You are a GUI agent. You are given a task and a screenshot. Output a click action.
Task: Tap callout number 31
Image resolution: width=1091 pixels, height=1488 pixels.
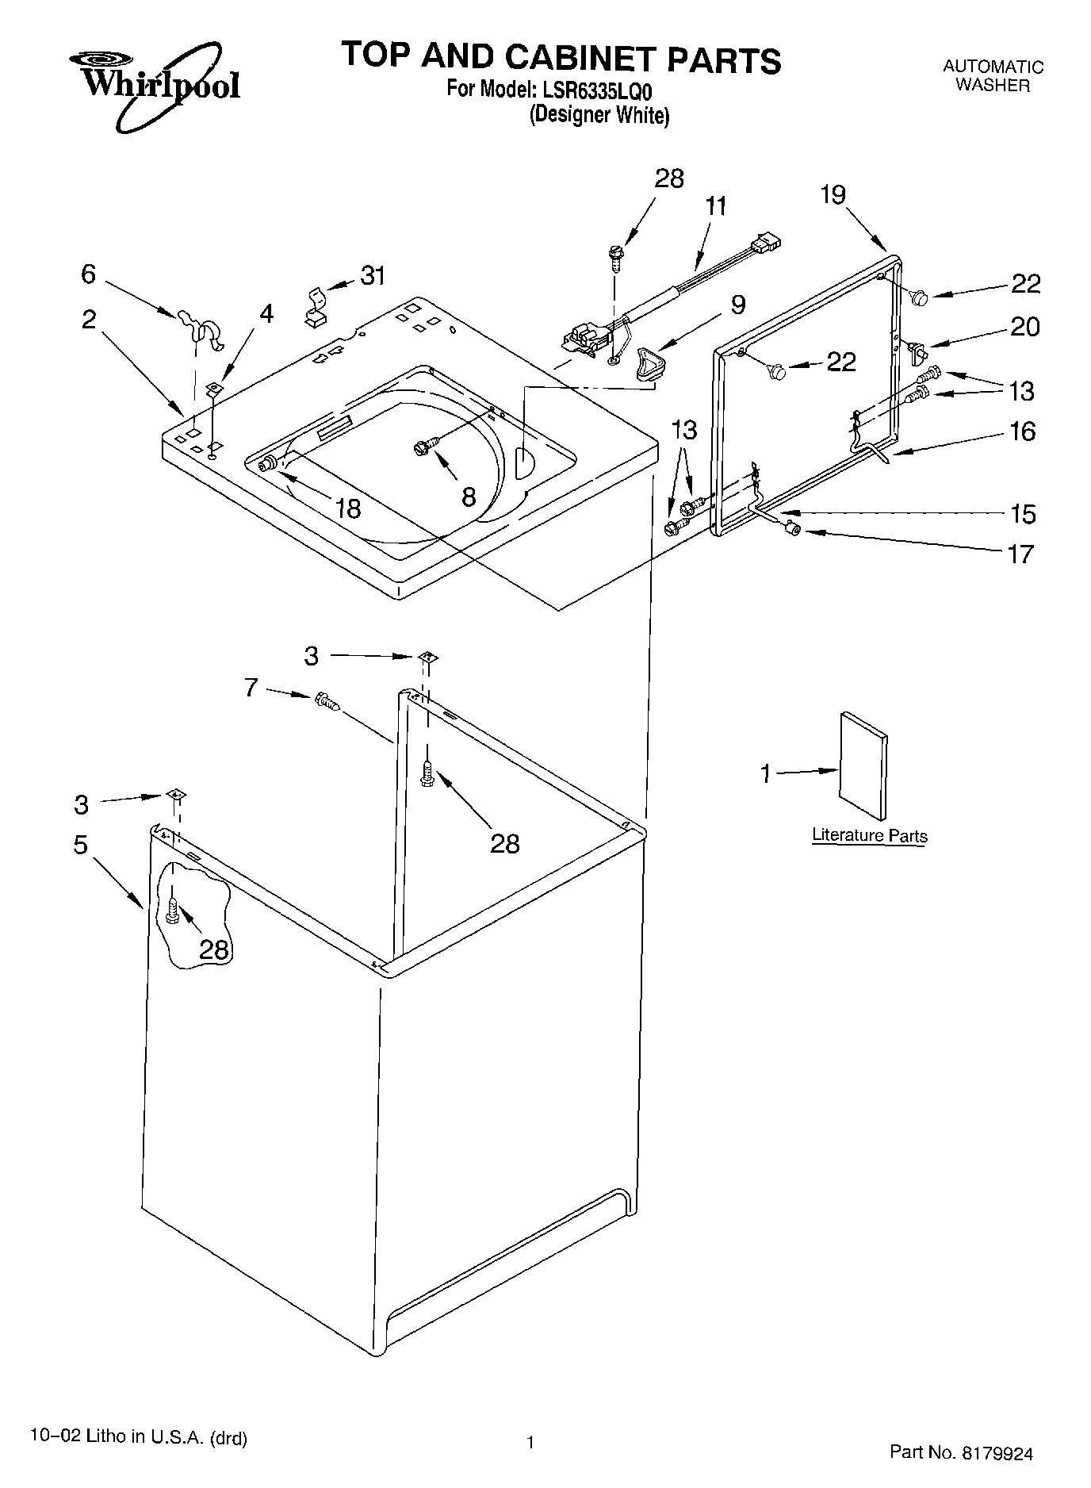(373, 276)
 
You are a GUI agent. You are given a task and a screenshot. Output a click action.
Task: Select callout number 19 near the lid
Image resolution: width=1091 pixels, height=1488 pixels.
(833, 194)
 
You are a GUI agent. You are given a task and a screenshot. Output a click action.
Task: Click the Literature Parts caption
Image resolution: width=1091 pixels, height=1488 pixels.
(869, 835)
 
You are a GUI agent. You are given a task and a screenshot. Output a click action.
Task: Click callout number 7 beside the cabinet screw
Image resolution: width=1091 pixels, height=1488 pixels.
(251, 687)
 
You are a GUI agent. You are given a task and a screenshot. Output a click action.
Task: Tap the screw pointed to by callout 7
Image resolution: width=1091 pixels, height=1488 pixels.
(326, 700)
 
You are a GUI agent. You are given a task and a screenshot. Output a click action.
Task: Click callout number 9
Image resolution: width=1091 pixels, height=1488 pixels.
(737, 304)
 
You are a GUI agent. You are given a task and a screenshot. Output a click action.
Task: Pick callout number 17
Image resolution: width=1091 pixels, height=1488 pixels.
(1021, 553)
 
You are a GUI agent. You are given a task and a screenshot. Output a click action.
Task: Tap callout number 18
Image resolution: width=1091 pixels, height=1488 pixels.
(347, 508)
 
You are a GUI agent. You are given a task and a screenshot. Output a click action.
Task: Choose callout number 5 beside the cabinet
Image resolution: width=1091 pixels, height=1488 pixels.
(80, 845)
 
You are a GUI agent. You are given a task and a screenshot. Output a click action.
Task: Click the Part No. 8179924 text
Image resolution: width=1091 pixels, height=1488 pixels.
(961, 1453)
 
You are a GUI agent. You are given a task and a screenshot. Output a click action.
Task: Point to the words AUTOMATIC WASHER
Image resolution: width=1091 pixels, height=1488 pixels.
(993, 76)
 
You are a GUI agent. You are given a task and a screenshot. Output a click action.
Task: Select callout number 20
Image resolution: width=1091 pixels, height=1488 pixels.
(1024, 327)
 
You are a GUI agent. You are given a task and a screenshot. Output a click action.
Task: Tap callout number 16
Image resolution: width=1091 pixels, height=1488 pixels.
(1022, 431)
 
